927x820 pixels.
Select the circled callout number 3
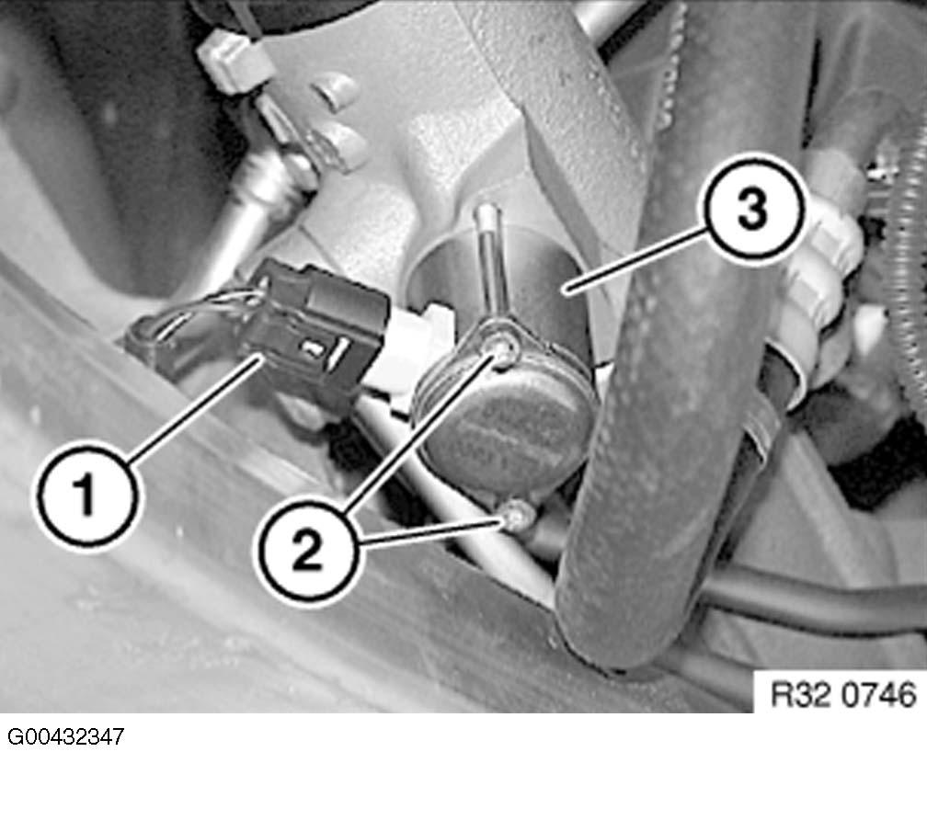pyautogui.click(x=754, y=211)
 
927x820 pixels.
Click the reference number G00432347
pyautogui.click(x=66, y=738)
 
